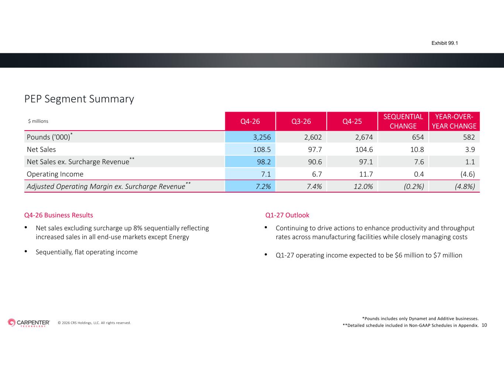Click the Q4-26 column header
point(250,121)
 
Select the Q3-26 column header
point(301,121)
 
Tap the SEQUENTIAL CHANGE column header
point(403,121)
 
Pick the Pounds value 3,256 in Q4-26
point(262,137)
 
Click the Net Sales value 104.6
point(364,149)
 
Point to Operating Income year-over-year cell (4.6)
point(467,174)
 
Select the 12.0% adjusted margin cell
point(363,186)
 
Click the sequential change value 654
point(418,137)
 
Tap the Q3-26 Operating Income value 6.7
point(317,174)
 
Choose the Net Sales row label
point(41,149)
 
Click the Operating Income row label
point(55,174)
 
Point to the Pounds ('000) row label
point(49,137)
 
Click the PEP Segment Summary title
point(79,99)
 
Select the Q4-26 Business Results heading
point(59,215)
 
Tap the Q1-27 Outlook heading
point(287,215)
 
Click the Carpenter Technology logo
point(29,323)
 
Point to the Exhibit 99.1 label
point(445,43)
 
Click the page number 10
point(484,325)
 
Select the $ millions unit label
point(38,121)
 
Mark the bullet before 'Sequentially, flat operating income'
point(26,251)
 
